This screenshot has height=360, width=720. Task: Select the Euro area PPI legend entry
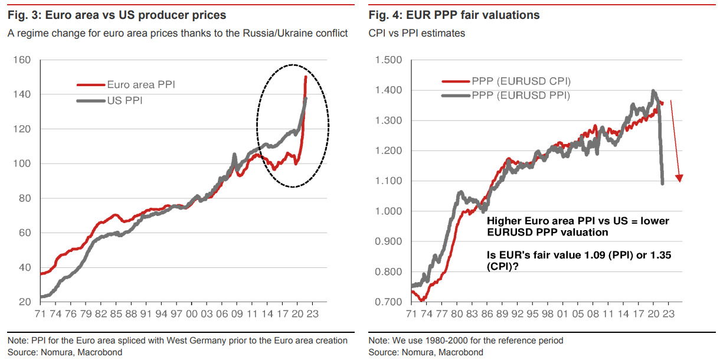tap(140, 85)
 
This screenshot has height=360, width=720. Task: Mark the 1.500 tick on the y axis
tap(388, 60)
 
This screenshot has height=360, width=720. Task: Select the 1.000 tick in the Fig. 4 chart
tap(388, 211)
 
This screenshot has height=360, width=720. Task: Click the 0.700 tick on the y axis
tap(388, 302)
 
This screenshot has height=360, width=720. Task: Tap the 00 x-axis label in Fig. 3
tap(192, 315)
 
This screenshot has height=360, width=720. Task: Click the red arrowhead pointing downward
tap(680, 178)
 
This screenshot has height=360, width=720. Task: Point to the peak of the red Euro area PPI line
tap(305, 77)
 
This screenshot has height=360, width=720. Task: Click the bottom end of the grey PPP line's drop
tap(662, 183)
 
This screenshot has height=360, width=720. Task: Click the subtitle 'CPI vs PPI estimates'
tap(417, 33)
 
